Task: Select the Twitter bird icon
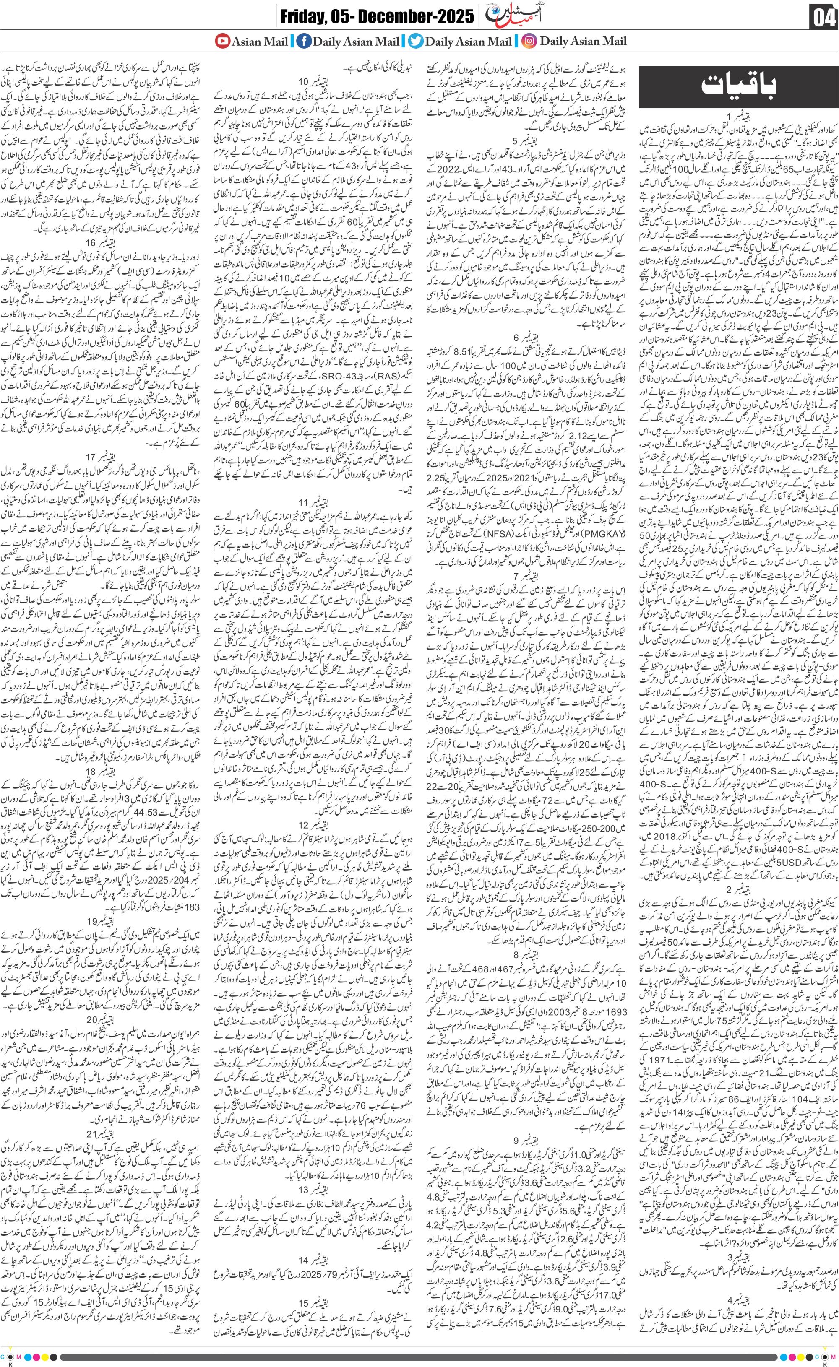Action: [414, 41]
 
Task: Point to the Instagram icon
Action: [529, 41]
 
